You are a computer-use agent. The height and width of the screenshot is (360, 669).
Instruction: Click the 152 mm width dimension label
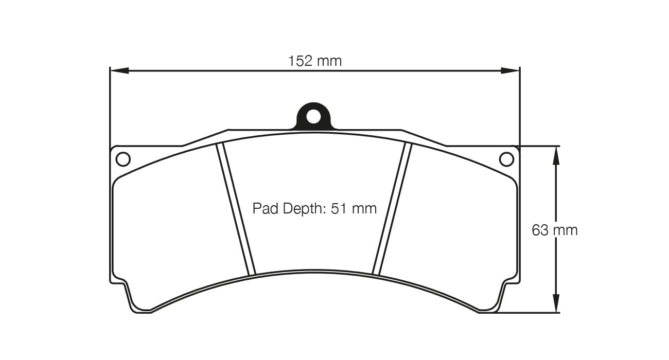[x=314, y=61]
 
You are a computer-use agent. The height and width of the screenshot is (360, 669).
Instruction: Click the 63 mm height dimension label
[x=554, y=230]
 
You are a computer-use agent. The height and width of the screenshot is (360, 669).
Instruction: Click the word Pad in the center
[x=263, y=208]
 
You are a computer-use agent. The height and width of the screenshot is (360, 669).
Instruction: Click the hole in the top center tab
[x=313, y=116]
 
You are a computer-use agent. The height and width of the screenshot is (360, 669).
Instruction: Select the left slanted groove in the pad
[x=236, y=210]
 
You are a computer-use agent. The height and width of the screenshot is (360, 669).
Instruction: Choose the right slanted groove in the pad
[x=393, y=210]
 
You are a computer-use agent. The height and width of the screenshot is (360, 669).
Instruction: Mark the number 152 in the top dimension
[x=301, y=61]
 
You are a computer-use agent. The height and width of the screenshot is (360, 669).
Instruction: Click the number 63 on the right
[x=540, y=230]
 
